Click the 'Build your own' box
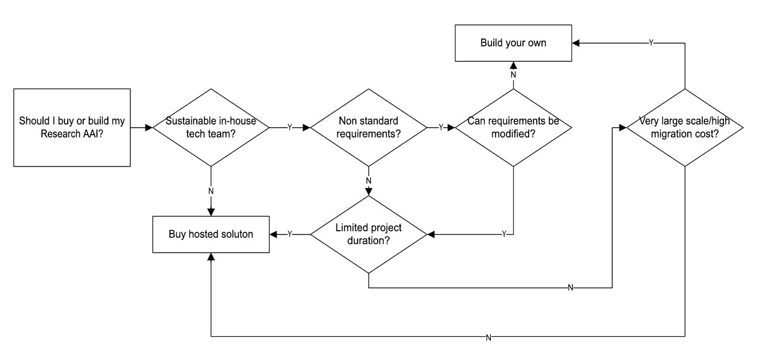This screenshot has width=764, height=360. tap(513, 43)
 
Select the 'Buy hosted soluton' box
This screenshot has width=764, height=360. tap(211, 234)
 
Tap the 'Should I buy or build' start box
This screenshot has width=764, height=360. tap(72, 127)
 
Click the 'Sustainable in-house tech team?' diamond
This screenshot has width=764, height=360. tap(211, 127)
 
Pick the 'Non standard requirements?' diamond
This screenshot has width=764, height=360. tap(368, 127)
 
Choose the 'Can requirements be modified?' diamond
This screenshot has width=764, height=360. tap(513, 127)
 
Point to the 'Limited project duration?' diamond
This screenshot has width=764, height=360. tap(368, 234)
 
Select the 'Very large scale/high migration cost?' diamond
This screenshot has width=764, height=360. tap(684, 127)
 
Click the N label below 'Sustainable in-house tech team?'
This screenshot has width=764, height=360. tap(211, 191)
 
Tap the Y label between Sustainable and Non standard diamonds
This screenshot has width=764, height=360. tap(289, 127)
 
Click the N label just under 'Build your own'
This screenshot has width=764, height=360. tap(513, 75)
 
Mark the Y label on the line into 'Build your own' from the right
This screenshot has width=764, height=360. tap(651, 43)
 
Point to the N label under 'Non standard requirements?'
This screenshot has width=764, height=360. tap(369, 180)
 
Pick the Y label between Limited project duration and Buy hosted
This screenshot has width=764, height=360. tap(289, 234)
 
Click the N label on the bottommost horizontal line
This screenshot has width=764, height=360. tap(488, 338)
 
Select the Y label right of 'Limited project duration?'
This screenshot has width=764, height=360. tap(504, 234)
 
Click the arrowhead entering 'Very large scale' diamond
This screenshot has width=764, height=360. tap(623, 127)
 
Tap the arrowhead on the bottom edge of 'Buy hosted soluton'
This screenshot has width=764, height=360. tap(211, 257)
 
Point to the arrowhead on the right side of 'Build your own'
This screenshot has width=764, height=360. tap(576, 43)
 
